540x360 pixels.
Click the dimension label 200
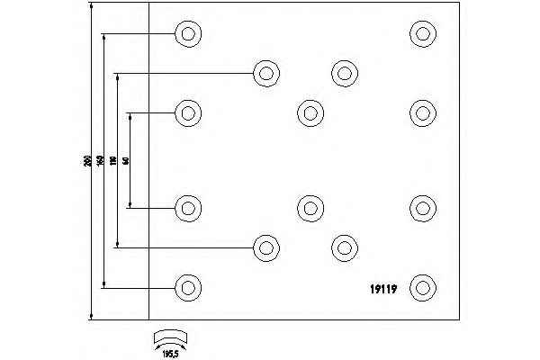[85, 161]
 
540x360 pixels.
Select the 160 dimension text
[100, 161]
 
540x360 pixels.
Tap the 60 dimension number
[126, 161]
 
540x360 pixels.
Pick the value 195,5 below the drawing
[171, 352]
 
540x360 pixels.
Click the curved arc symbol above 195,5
[170, 337]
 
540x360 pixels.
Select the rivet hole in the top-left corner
[187, 34]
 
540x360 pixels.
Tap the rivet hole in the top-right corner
[422, 34]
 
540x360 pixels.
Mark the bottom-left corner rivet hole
[187, 288]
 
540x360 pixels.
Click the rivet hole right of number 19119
[422, 288]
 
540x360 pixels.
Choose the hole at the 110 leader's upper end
[265, 73]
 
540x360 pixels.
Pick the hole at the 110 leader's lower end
[265, 247]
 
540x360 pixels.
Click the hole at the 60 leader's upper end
[187, 112]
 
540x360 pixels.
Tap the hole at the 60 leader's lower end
[187, 208]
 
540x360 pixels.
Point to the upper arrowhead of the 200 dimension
[92, 6]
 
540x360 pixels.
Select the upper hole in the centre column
[310, 112]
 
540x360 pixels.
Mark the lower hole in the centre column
[310, 208]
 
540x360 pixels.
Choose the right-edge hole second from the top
[422, 112]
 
